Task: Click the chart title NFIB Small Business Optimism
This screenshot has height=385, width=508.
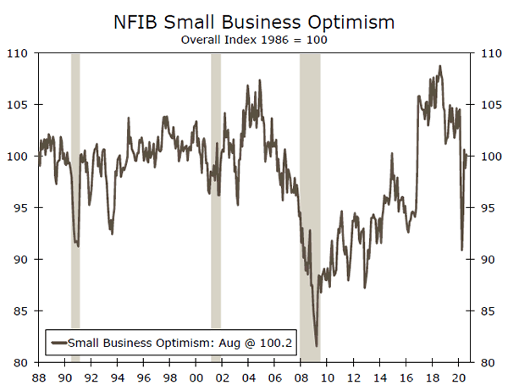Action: tap(254, 19)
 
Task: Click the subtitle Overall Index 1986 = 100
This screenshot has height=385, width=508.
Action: tap(254, 38)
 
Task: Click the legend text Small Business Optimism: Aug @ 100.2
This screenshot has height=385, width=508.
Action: tap(179, 343)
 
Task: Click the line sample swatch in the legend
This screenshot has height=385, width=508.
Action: tap(58, 343)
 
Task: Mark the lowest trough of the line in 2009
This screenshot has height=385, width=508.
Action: tap(317, 345)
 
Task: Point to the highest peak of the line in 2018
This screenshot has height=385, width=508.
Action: tap(439, 66)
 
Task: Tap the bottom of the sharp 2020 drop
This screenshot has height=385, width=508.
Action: tap(462, 250)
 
